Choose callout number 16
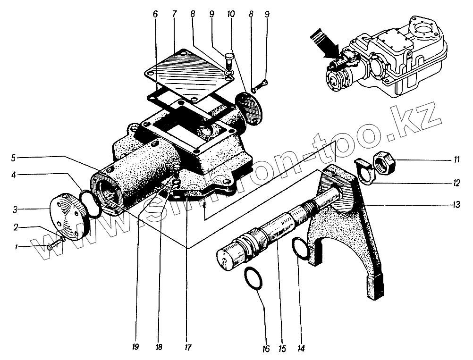pos(265,349)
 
